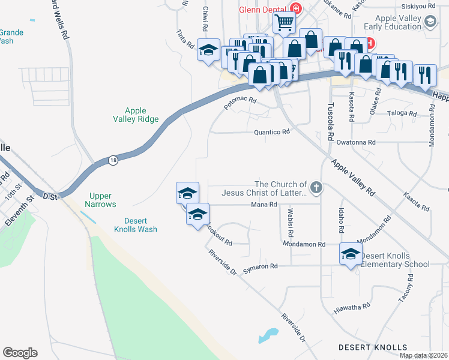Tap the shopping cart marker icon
coord(284,23)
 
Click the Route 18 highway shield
coord(113,160)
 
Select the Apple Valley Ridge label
coord(136,115)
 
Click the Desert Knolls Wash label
coord(136,224)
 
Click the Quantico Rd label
coord(272,132)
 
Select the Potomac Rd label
coord(240,104)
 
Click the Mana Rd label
coord(264,205)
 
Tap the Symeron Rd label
coord(261,266)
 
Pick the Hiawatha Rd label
coord(352,307)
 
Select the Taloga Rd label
coord(402,113)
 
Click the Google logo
coord(20,353)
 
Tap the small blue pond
coord(268,334)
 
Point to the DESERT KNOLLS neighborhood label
coord(373,347)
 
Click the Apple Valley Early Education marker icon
coord(430,22)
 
